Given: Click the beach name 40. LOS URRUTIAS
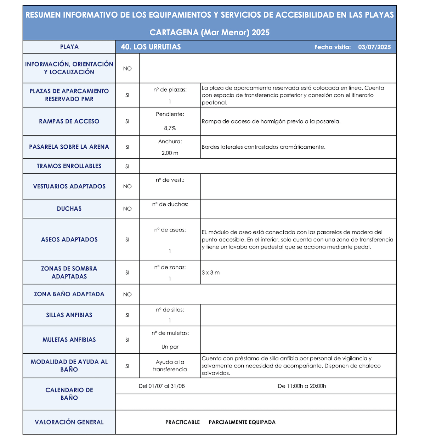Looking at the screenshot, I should pos(151,47).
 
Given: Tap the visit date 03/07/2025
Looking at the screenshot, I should pos(374,47).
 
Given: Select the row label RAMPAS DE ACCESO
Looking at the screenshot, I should pos(69,121).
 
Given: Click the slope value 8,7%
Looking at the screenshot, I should pos(170,128).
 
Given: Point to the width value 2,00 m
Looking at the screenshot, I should pos(170,153).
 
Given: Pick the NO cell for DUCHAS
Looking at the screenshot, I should pos(127,209).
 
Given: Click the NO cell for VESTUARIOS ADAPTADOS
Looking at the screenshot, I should pos(127,187).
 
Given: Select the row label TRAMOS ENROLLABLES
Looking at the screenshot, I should pos(69,166).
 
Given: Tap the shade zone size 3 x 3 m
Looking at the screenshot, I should pos(211,273).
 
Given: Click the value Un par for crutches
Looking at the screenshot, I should pos(170,347).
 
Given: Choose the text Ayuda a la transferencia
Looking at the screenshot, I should pos(170,366).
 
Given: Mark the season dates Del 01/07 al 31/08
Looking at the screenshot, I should pos(162,386).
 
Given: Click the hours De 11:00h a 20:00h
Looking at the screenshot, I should pos(302,386).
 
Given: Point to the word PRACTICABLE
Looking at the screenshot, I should pos(182,422).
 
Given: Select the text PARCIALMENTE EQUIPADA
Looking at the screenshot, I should pos(242,422).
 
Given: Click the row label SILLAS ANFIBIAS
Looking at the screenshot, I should pos(69,315).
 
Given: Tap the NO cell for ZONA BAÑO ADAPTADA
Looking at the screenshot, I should pos(127,295).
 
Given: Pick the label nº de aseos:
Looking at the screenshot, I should pos(170,230).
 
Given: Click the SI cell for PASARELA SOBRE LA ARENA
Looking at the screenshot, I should pos(127,147).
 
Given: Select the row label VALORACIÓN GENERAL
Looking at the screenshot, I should pos(69,422).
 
